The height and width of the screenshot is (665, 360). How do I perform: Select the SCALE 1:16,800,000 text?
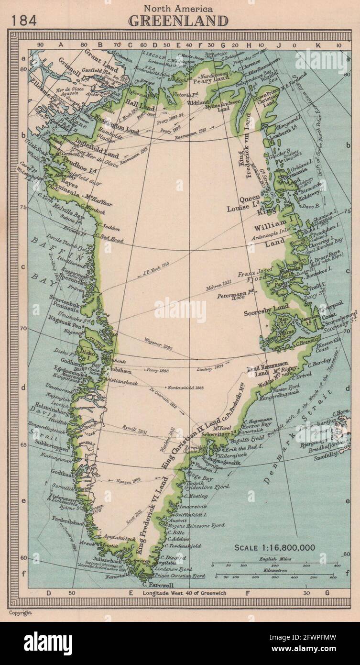coord(274,547)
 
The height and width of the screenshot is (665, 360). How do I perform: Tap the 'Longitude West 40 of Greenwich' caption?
coord(184,594)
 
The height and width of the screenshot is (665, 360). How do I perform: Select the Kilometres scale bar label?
coord(271,570)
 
